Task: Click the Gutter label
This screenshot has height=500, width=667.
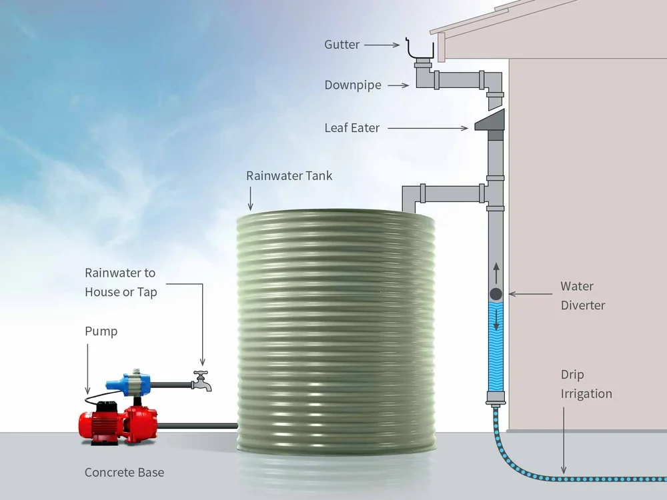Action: (342, 45)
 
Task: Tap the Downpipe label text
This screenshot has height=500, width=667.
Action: (352, 85)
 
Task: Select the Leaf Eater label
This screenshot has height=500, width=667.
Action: (352, 128)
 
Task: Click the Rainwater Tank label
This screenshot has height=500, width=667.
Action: (289, 176)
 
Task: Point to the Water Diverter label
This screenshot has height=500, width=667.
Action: (582, 295)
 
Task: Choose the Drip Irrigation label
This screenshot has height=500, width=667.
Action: (586, 384)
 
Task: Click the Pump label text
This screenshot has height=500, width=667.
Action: (101, 331)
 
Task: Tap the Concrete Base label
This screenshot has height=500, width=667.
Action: (124, 473)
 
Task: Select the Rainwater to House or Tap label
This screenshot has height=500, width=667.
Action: (120, 282)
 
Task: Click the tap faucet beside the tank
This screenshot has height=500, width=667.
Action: (201, 382)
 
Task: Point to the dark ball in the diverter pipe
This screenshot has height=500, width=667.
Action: (496, 294)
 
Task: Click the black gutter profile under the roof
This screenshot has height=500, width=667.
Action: (420, 50)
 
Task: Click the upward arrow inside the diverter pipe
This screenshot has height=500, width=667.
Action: (496, 272)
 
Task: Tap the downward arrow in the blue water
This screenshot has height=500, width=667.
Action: (496, 321)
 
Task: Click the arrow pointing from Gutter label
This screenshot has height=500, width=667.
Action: (382, 45)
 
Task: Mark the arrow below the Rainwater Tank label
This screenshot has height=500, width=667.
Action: (251, 198)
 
